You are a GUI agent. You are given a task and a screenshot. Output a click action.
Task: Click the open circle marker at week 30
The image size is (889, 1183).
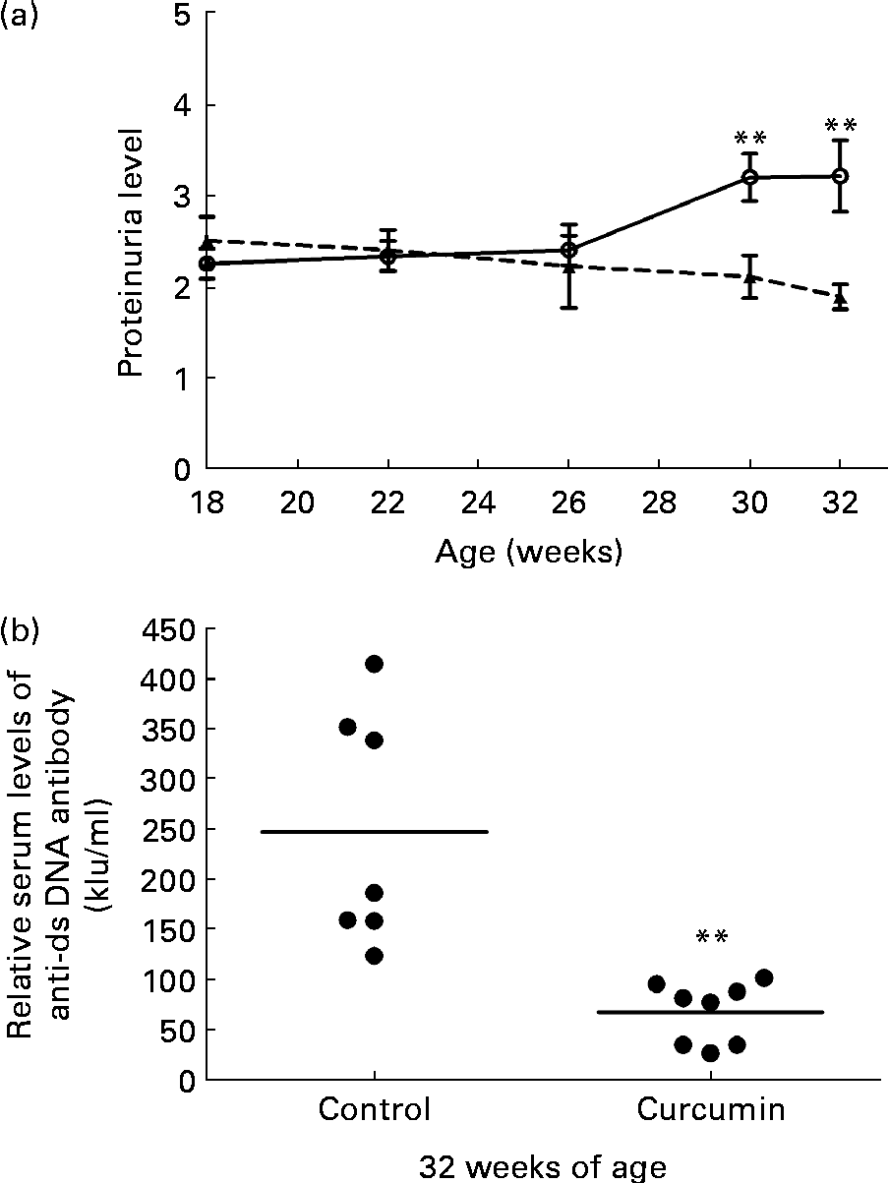point(750,177)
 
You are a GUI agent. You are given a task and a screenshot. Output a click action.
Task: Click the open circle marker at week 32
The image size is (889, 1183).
point(840,176)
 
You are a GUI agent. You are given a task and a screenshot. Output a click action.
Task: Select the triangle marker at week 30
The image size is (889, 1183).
point(750,277)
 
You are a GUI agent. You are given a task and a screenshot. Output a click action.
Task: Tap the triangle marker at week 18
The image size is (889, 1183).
point(207,241)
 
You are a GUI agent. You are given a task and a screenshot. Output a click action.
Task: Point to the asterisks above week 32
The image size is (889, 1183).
point(840,126)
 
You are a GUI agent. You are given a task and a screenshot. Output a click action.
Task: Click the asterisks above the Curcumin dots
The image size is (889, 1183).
point(711,937)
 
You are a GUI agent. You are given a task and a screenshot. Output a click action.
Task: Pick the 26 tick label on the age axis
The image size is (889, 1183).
point(568,503)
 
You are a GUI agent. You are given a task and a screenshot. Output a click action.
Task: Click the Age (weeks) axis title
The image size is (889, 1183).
point(528,554)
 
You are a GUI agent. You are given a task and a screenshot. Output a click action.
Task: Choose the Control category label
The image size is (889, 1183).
point(374,1111)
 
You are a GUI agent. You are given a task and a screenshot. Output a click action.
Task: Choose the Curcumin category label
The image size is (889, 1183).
point(711,1111)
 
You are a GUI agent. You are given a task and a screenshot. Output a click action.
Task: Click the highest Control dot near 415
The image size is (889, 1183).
point(374,664)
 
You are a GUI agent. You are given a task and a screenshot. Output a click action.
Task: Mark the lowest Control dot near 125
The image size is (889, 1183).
point(374,956)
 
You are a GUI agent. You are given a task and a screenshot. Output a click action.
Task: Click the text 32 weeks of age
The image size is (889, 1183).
point(543,1167)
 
